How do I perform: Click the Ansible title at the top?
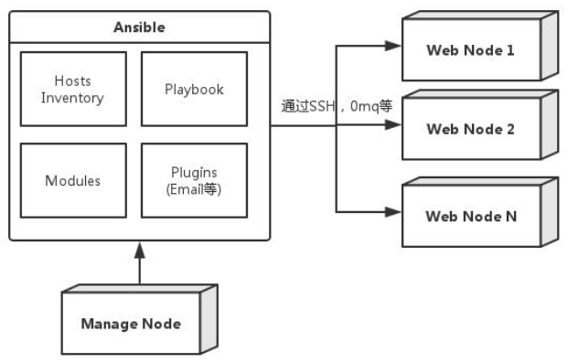click(x=139, y=27)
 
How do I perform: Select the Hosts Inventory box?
click(x=72, y=89)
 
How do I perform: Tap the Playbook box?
click(x=194, y=89)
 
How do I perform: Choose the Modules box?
click(x=72, y=180)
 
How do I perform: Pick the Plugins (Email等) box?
click(x=194, y=180)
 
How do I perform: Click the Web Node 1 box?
click(x=470, y=50)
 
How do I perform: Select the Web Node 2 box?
click(x=470, y=129)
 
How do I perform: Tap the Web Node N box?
click(x=470, y=217)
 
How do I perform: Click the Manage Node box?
click(x=130, y=323)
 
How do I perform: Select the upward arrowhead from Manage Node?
click(x=139, y=248)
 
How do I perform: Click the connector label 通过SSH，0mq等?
click(x=336, y=106)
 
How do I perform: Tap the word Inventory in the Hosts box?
click(x=72, y=97)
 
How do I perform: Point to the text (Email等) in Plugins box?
click(x=194, y=189)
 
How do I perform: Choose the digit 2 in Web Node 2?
click(x=510, y=129)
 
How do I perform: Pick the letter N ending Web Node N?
click(x=510, y=217)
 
